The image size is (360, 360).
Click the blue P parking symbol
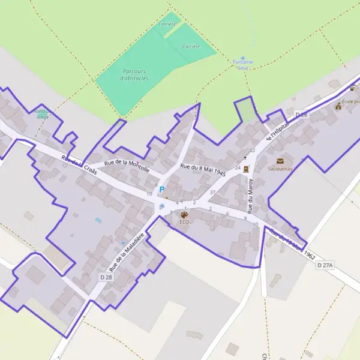[161, 189]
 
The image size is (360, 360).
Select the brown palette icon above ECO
[184, 214]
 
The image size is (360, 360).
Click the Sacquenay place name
[280, 169]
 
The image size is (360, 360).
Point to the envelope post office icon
[280, 161]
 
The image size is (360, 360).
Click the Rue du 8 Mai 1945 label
[202, 169]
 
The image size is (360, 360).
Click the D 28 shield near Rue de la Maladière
[106, 277]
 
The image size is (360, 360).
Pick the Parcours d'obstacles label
[134, 74]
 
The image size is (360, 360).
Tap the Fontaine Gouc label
[242, 65]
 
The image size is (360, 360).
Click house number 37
[212, 192]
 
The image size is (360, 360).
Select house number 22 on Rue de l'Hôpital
[253, 150]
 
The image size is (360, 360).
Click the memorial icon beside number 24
[247, 169]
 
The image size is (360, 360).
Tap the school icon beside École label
[338, 107]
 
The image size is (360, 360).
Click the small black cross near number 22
[245, 158]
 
